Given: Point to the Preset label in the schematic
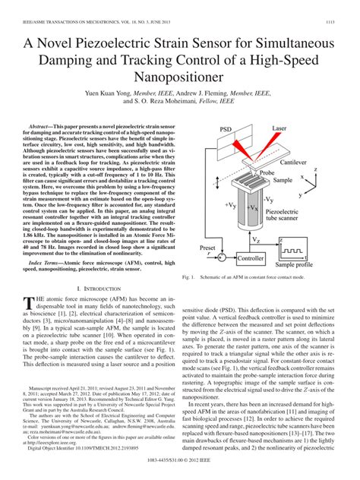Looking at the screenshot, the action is point(204,246).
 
